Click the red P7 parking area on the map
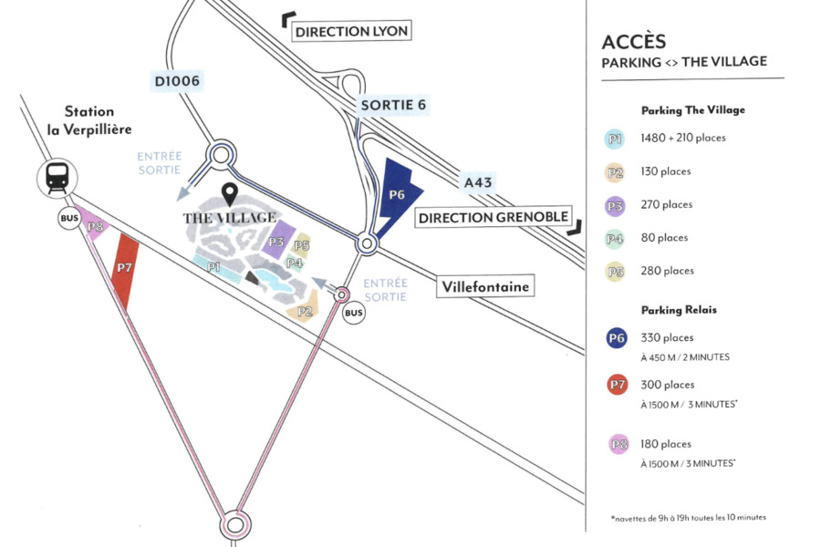tap(124, 271)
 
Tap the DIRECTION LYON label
tap(350, 32)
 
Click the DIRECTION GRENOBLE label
tap(493, 218)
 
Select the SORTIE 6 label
tap(393, 105)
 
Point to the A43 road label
tap(478, 183)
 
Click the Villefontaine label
tap(484, 287)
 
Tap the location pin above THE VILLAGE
tap(231, 193)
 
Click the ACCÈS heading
tap(634, 42)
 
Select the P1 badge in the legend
tap(616, 139)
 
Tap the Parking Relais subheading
tap(679, 310)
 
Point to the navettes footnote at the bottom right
tap(688, 518)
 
